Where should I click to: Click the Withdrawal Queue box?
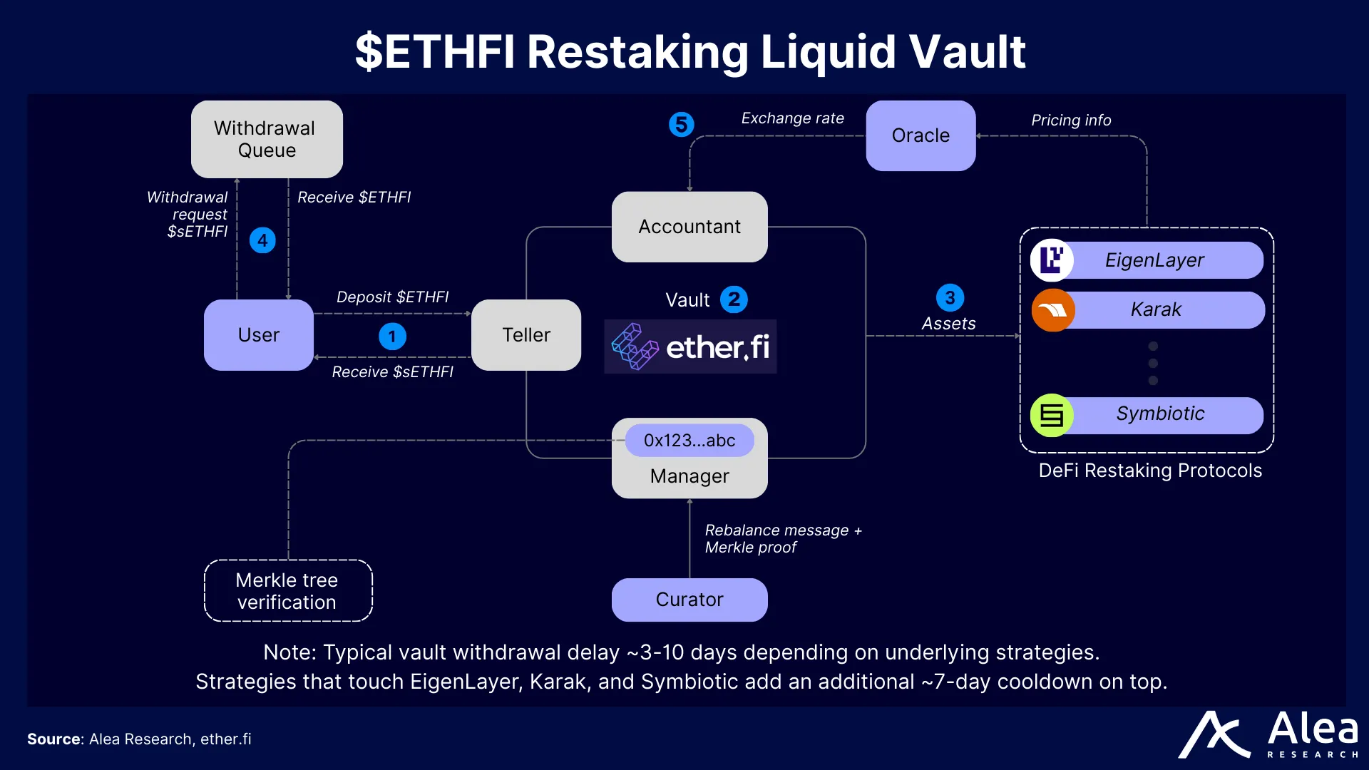(x=267, y=139)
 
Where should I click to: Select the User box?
(x=258, y=335)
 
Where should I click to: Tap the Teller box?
(x=526, y=335)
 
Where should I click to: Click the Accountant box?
(x=689, y=227)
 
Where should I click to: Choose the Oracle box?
(x=921, y=135)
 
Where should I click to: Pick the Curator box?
(x=689, y=600)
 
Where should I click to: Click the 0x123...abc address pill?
(x=689, y=441)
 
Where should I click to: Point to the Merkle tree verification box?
(x=287, y=591)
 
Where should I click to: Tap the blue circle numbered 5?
(x=681, y=125)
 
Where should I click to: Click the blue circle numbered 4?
(x=262, y=240)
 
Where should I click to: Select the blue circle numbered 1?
(x=392, y=337)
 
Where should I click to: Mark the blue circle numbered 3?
(x=950, y=297)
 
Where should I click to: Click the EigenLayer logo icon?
(x=1052, y=260)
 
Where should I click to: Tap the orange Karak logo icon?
(x=1052, y=310)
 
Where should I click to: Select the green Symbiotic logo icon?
(x=1052, y=415)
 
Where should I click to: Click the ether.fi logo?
(x=690, y=347)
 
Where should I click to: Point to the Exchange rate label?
(x=792, y=118)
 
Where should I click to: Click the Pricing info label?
(x=1071, y=120)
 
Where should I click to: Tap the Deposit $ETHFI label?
(x=392, y=297)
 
